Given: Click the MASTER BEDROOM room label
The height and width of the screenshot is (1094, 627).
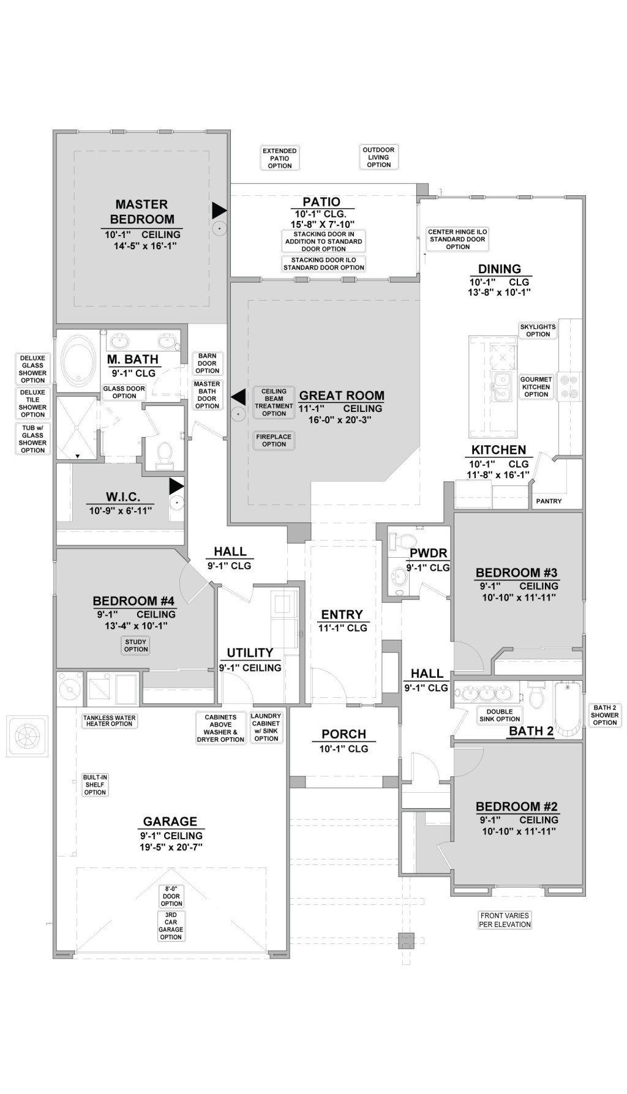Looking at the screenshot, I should pos(141,212).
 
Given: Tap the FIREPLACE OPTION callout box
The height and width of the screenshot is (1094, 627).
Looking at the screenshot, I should pos(274,440).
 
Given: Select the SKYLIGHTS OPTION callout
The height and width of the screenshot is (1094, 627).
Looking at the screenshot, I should pos(538,331).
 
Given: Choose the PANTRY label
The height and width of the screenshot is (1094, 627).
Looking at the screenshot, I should pos(549,501).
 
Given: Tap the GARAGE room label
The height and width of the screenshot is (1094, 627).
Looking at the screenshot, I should pos(170,822).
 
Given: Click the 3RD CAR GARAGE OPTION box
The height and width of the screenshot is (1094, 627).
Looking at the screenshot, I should pos(171,926).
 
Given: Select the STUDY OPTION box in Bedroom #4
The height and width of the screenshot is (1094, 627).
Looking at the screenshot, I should pos(136,646).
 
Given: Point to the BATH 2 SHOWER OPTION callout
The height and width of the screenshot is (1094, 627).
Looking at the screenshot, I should pos(604,715).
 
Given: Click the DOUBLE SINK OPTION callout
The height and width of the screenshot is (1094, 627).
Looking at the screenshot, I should pos(500,716).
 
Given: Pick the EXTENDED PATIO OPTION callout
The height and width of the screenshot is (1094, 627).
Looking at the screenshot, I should pos(280,158).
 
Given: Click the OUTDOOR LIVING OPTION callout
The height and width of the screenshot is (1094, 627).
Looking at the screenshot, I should pos(378,157).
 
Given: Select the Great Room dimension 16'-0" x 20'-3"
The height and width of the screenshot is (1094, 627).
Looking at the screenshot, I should pos(341,420).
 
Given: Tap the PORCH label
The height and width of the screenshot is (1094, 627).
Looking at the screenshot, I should pos(344,734).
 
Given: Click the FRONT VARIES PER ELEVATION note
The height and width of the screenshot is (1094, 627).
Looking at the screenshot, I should pos(505,920).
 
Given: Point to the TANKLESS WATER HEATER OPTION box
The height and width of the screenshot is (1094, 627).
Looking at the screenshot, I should pos(108,720).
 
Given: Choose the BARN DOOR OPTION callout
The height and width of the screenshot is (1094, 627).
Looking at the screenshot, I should pos(208,363).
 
